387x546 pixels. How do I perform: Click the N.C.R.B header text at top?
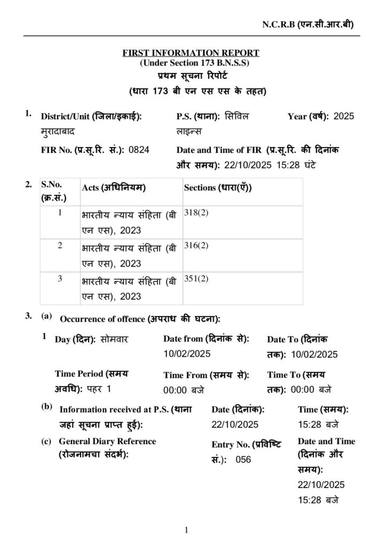(307, 25)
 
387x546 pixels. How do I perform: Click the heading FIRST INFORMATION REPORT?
(191, 53)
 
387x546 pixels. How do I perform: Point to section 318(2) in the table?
(196, 212)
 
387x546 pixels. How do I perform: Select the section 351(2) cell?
(196, 278)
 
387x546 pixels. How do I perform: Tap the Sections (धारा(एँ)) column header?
(218, 188)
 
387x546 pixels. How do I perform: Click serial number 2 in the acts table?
(60, 245)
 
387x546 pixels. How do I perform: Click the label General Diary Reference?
(107, 441)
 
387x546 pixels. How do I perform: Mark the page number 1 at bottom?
(186, 530)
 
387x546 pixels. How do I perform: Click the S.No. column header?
(52, 184)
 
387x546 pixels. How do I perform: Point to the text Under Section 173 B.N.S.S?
(191, 63)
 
